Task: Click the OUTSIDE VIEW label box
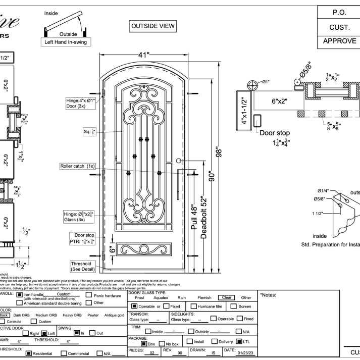(x=153, y=26)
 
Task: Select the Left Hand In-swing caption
(x=65, y=42)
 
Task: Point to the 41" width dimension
(x=147, y=54)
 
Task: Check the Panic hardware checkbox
(x=89, y=295)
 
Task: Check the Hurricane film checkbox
(x=194, y=306)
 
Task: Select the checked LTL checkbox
(x=239, y=341)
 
